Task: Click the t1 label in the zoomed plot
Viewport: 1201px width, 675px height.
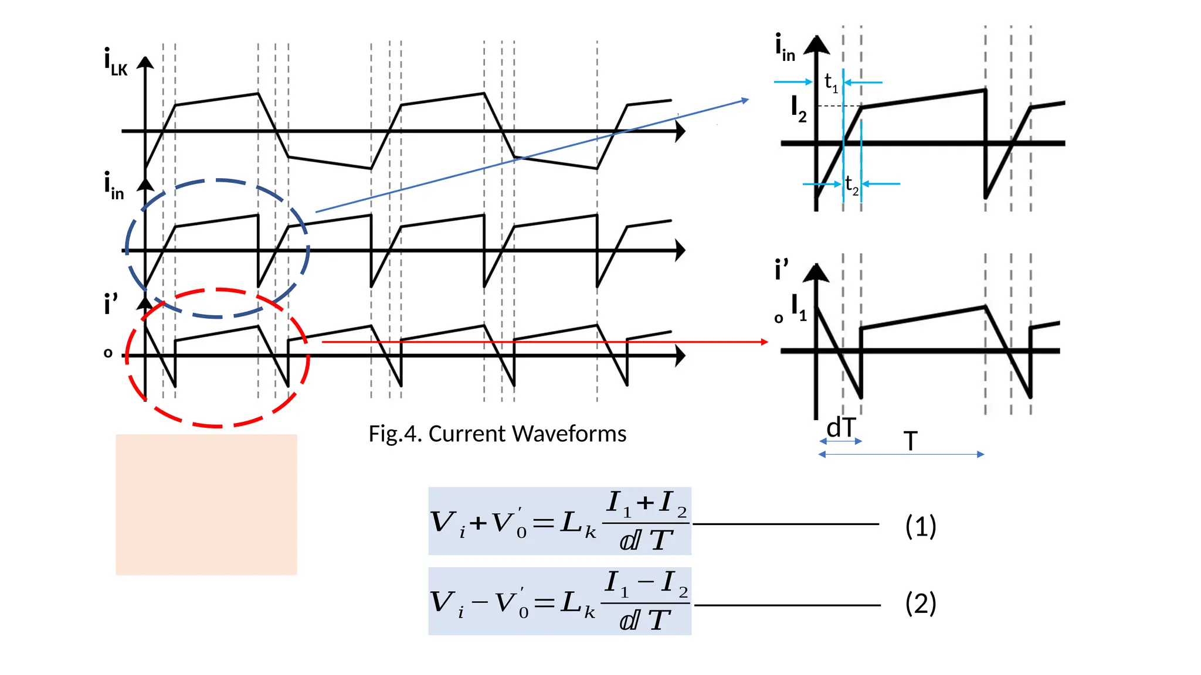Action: pos(830,82)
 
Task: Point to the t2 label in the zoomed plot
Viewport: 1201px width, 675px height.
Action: pos(851,185)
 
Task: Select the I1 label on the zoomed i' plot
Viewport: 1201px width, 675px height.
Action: pos(799,307)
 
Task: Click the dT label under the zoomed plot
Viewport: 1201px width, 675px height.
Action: pos(841,428)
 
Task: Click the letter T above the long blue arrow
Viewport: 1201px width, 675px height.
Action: pos(910,441)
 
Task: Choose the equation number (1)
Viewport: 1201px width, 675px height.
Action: pos(920,526)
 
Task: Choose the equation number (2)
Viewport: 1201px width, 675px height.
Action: pos(920,603)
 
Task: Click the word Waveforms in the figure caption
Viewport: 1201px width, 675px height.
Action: pos(568,434)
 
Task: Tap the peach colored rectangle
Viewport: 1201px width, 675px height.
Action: pos(206,504)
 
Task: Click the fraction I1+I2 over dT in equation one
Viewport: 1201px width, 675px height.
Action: pos(646,521)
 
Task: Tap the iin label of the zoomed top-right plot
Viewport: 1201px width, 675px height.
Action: pos(785,48)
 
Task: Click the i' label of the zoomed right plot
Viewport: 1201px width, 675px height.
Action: pos(781,270)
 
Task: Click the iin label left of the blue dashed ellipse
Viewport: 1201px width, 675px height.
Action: pos(114,186)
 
